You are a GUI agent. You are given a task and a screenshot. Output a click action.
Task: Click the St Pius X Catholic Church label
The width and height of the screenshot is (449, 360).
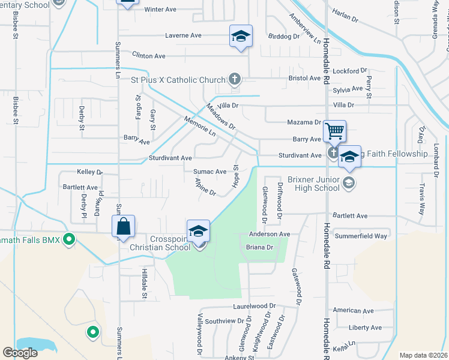click(178, 80)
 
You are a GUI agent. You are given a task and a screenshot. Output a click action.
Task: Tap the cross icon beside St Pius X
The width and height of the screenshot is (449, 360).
click(235, 79)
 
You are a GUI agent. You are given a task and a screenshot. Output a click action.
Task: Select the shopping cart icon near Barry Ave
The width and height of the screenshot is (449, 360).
click(334, 130)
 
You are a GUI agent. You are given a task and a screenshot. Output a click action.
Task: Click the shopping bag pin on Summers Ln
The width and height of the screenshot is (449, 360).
click(123, 226)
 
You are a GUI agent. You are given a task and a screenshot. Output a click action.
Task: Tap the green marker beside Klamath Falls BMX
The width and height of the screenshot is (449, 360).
click(69, 239)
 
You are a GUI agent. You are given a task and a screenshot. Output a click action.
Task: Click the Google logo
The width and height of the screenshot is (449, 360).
click(20, 353)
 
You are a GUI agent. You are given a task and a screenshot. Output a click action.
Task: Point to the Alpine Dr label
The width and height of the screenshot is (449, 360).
click(205, 186)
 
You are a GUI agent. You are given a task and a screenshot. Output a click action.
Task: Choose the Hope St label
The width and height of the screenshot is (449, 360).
click(236, 175)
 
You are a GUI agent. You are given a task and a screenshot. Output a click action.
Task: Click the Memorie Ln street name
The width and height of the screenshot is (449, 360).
click(200, 125)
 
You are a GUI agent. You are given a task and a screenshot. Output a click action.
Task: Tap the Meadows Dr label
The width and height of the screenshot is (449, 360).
click(221, 116)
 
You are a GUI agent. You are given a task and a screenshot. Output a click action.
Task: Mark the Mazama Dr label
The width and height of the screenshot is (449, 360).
click(304, 122)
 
